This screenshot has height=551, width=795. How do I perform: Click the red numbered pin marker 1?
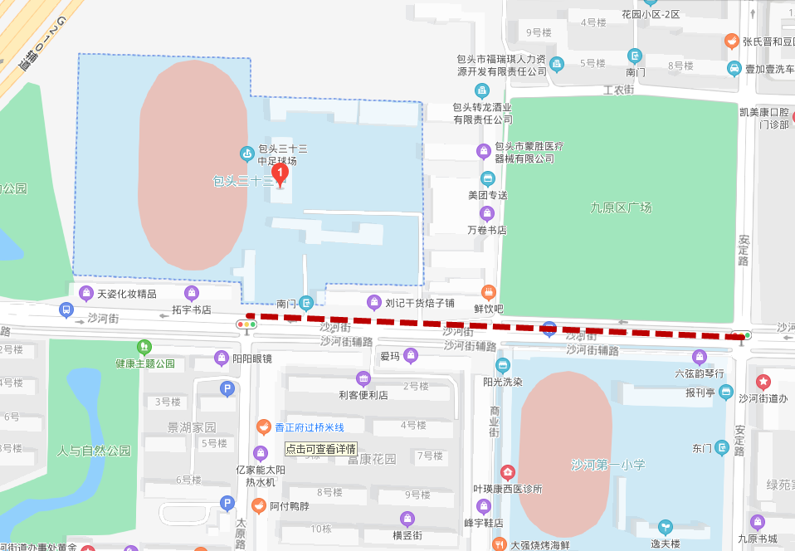pos(280,174)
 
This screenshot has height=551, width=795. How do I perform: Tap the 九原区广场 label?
pos(622,208)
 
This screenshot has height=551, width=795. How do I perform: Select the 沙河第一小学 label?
pos(607,465)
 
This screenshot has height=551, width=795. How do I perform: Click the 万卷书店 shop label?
pos(487,230)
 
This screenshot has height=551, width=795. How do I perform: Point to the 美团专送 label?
pos(487,195)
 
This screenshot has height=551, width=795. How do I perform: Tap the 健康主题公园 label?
pos(145,363)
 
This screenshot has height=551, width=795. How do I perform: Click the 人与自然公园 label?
pos(94,451)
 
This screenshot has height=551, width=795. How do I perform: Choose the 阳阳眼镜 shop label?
pos(252,358)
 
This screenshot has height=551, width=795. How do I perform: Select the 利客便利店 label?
pos(363,395)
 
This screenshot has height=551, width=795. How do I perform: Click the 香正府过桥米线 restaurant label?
pos(309,427)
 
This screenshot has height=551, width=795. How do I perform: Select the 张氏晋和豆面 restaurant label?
pos(763,41)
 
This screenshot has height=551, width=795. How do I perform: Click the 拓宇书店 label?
pos(192,310)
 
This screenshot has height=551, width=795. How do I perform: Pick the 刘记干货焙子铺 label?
pos(420,302)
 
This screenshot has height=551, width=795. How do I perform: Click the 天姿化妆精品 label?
pos(126,294)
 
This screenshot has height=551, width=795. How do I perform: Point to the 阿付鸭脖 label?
pos(289,505)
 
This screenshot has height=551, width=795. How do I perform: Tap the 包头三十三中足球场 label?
pos(282,154)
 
